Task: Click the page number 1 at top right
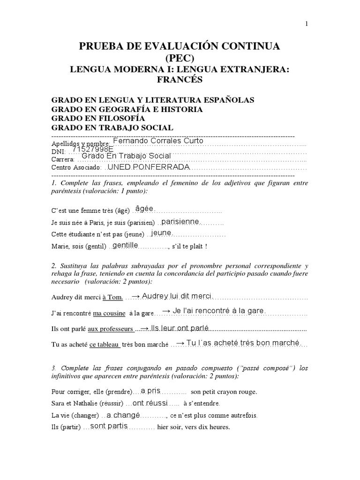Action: [307, 24]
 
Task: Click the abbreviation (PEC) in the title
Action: [180, 58]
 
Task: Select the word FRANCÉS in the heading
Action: [180, 80]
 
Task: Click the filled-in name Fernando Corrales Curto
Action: [158, 141]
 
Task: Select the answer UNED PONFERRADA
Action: [149, 167]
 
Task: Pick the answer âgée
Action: [144, 208]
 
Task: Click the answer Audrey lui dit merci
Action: [172, 296]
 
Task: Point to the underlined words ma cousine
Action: [109, 313]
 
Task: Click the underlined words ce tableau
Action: [105, 345]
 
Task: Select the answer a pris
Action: [150, 390]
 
